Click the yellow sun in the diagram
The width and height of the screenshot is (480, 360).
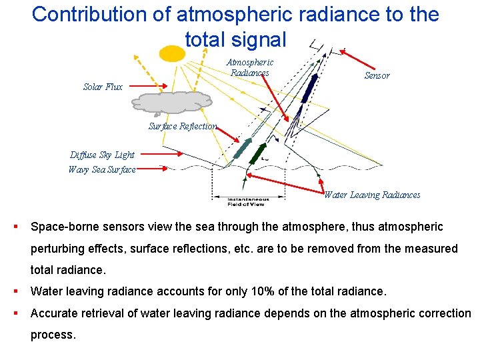click(172, 53)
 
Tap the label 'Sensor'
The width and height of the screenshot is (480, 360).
click(377, 75)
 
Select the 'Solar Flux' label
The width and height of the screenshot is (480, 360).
click(103, 87)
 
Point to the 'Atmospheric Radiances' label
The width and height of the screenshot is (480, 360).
click(250, 67)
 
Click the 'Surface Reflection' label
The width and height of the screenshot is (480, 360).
click(182, 126)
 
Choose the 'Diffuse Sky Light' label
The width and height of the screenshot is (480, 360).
click(102, 155)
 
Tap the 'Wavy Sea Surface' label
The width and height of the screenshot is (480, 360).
click(101, 169)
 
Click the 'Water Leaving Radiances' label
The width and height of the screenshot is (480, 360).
click(372, 195)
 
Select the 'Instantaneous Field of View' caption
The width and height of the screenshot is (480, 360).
click(247, 202)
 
